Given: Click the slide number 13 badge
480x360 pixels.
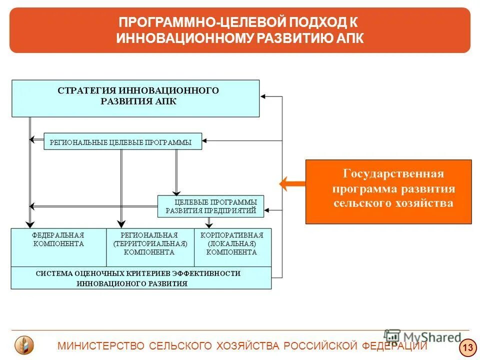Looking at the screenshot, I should [468, 347].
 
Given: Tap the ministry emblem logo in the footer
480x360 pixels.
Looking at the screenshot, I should [24, 345].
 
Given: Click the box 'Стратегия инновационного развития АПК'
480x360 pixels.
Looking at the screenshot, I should [135, 98].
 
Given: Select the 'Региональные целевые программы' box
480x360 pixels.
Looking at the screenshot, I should [122, 142].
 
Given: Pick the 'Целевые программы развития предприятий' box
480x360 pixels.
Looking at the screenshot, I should [210, 206].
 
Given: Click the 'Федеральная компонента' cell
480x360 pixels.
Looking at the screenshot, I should [58, 247].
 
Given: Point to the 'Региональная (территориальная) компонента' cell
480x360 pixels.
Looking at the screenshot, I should [150, 247].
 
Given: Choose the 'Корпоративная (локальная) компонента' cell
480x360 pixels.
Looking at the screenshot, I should [232, 247].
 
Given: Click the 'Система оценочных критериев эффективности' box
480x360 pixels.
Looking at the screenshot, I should [141, 278].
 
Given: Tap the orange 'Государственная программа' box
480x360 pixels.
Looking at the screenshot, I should [388, 191].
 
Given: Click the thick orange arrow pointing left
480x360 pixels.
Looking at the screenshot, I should [292, 184].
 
